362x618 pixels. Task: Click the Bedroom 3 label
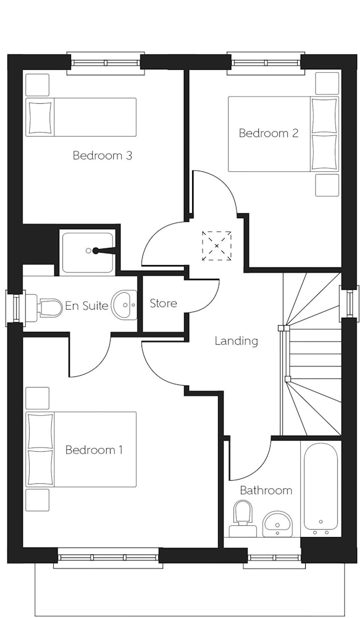click(102, 155)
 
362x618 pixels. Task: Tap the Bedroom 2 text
click(268, 133)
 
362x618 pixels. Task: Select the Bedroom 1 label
click(94, 449)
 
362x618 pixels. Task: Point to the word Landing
click(237, 341)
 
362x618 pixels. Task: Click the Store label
click(164, 303)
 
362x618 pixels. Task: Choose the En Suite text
click(86, 305)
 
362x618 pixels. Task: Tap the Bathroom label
click(266, 490)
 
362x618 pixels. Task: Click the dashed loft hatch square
click(217, 246)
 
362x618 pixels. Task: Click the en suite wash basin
click(124, 305)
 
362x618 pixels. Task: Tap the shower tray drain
click(88, 250)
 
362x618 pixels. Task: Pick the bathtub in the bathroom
click(321, 489)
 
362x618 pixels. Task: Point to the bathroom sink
click(277, 523)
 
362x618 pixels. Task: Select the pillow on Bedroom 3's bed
click(40, 117)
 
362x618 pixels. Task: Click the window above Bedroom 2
click(266, 62)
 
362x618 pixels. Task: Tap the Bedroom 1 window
click(108, 557)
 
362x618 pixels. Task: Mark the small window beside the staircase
click(348, 303)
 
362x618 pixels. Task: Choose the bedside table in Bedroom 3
click(38, 84)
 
